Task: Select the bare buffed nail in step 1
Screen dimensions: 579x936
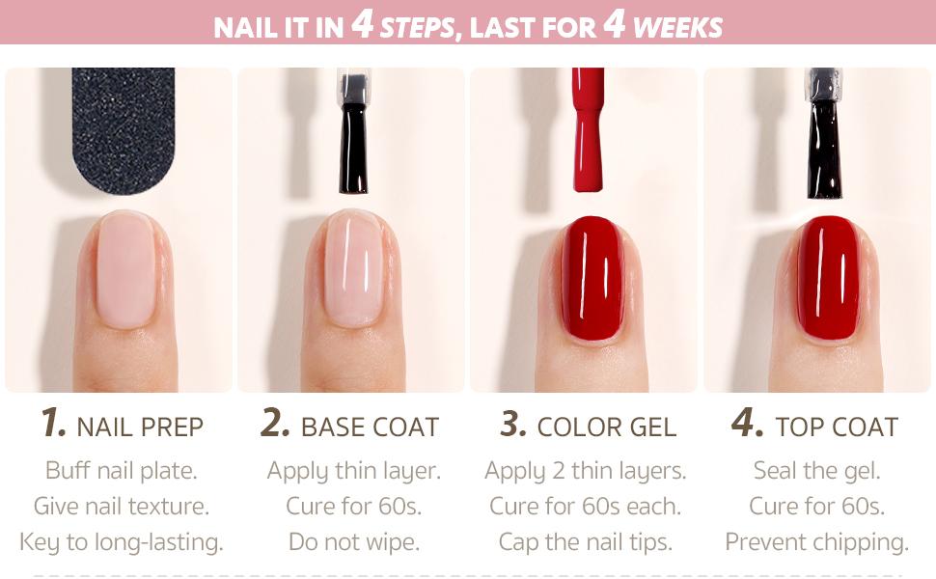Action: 125,270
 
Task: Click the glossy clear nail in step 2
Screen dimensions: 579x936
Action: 353,270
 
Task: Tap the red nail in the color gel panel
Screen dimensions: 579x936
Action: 592,277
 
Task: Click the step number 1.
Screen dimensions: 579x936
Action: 53,423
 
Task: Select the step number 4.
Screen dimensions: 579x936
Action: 747,423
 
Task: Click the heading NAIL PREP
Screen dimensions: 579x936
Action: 140,427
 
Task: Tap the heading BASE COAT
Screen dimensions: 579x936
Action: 370,427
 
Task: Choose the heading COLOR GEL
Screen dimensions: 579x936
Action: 607,427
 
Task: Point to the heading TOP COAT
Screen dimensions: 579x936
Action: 837,427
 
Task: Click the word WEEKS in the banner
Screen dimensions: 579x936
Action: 677,27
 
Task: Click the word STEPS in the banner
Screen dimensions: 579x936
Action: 417,27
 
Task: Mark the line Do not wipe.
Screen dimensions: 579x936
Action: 354,542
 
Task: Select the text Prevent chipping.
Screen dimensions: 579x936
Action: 817,542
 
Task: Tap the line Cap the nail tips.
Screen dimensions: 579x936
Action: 586,542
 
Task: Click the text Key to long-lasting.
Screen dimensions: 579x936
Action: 122,542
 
